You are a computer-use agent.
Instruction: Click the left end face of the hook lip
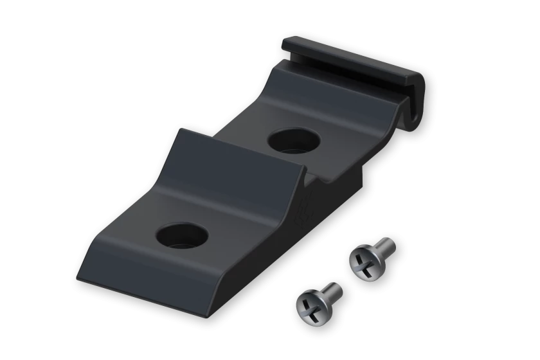[x=285, y=45]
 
